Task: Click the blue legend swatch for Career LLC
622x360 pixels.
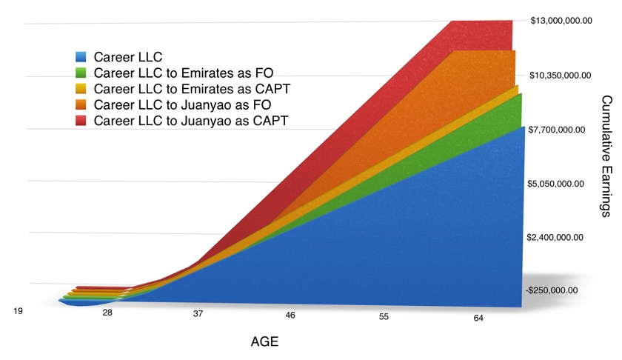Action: (x=81, y=56)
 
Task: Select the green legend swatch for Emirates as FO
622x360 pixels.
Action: (x=81, y=73)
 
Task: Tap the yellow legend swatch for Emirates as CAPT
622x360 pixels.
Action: (x=81, y=88)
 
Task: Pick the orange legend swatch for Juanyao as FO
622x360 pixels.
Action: (x=81, y=104)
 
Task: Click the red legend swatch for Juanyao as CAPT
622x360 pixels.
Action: (x=81, y=120)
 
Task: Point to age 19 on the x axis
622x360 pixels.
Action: (x=19, y=312)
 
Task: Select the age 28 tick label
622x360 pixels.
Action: (x=107, y=314)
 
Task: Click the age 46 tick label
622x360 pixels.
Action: (x=290, y=316)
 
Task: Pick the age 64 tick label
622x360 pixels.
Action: (x=478, y=318)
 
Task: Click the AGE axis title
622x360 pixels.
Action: (x=265, y=342)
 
